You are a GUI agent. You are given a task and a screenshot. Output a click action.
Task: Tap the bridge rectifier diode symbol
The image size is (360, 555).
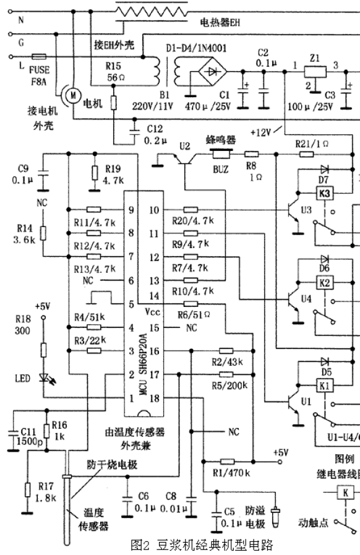pos(212,73)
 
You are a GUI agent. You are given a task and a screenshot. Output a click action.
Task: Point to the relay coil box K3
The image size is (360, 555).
pos(325,194)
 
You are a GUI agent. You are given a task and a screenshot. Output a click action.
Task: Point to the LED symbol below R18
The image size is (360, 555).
pos(44,377)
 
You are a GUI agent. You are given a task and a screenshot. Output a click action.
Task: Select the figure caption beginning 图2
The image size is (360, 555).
pos(201,545)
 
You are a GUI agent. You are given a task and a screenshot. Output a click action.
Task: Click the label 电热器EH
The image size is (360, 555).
pos(220,23)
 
